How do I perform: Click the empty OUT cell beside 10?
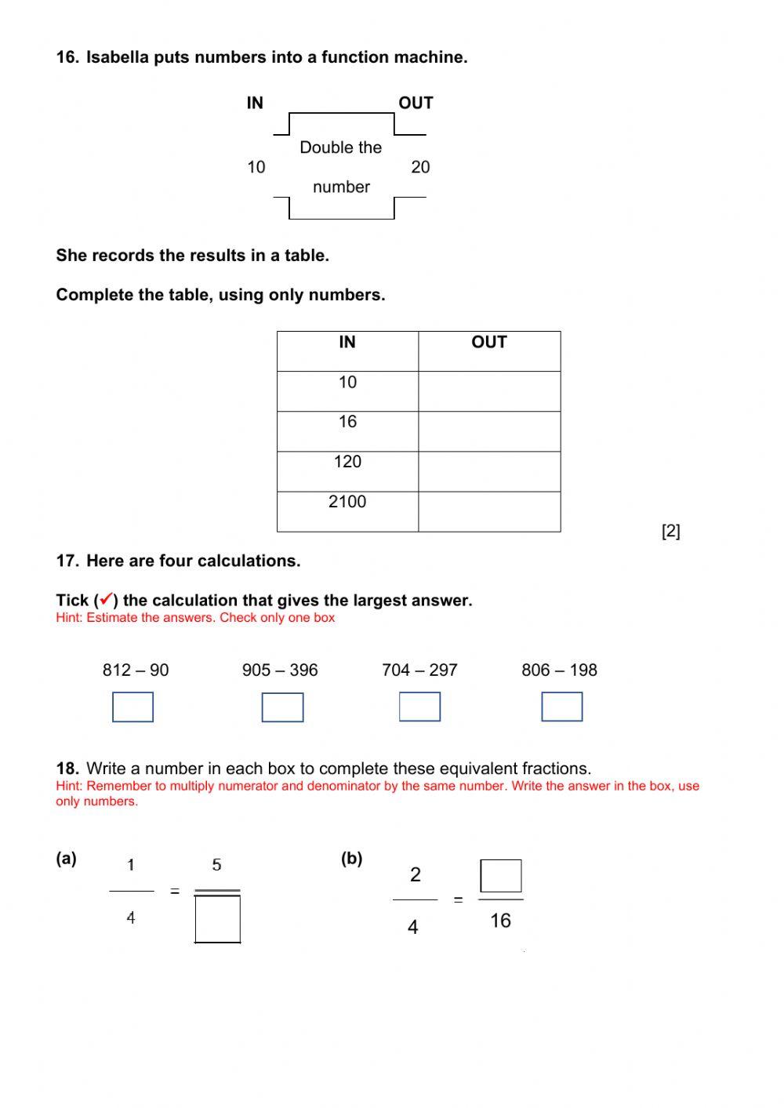tap(489, 391)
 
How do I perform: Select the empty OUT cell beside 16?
tap(489, 431)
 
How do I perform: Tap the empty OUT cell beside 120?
tap(489, 471)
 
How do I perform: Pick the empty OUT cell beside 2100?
tap(489, 511)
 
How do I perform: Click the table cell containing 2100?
tap(347, 511)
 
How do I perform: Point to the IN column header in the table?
tap(347, 343)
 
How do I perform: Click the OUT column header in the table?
tap(489, 343)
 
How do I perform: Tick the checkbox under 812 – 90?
tap(132, 707)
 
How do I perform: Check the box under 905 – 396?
tap(282, 707)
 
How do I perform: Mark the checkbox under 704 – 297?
tap(419, 707)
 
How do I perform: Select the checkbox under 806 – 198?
tap(562, 707)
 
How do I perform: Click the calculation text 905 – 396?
tap(280, 670)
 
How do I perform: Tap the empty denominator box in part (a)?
tap(217, 919)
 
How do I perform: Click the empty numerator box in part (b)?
tap(501, 876)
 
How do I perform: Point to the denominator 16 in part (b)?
tap(500, 921)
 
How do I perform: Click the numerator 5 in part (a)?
tap(216, 865)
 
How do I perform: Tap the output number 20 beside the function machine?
tap(420, 167)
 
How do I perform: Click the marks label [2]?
tap(671, 532)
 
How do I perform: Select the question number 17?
tap(67, 561)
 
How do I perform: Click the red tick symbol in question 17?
tap(106, 600)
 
